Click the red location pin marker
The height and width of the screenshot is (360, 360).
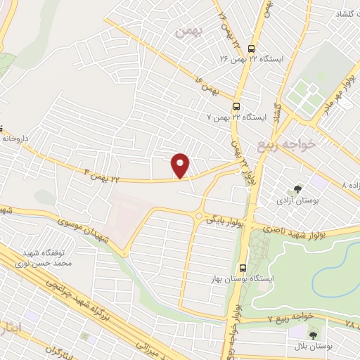coord(181,165)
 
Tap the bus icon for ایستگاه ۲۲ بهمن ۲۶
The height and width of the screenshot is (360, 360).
coord(252,48)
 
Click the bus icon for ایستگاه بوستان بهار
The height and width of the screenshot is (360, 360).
coord(243,267)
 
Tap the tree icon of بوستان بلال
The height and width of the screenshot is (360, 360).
coord(313,333)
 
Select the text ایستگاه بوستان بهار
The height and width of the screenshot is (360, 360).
coord(243,280)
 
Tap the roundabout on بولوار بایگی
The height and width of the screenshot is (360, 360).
coord(199,216)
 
